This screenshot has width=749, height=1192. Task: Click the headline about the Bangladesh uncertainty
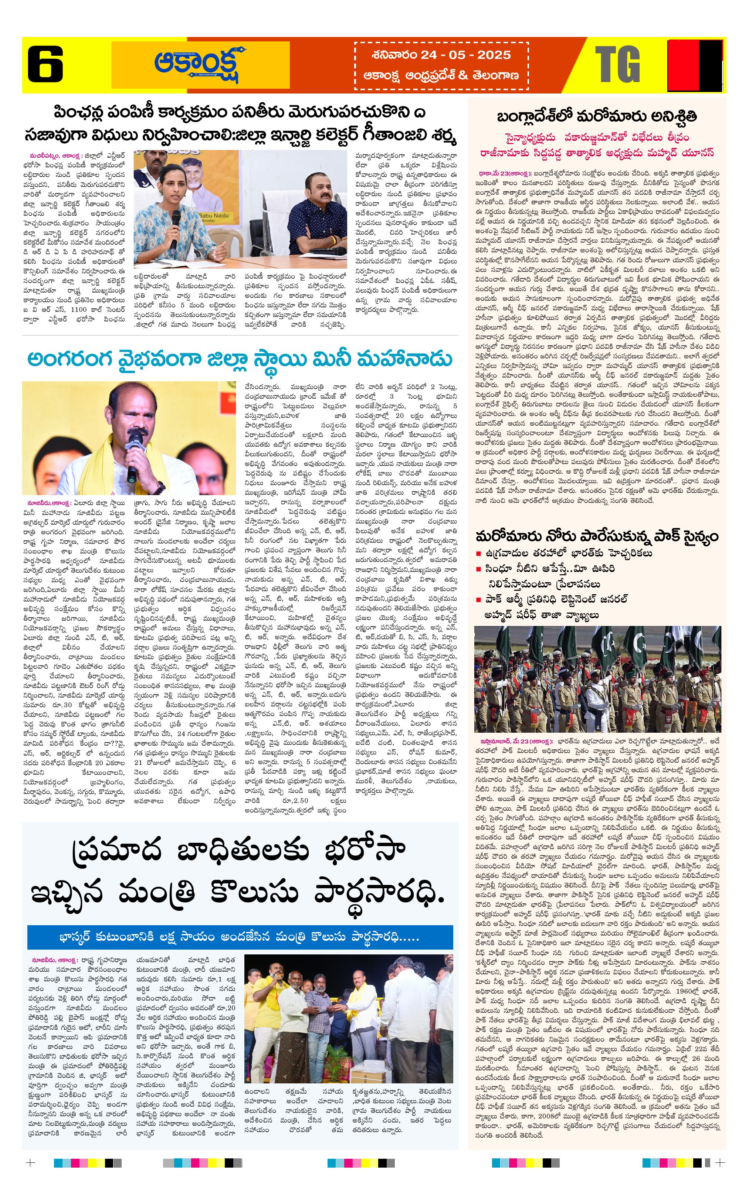(x=597, y=117)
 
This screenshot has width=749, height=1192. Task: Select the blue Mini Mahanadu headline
(x=240, y=360)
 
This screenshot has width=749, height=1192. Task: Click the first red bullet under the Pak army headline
(x=478, y=554)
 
